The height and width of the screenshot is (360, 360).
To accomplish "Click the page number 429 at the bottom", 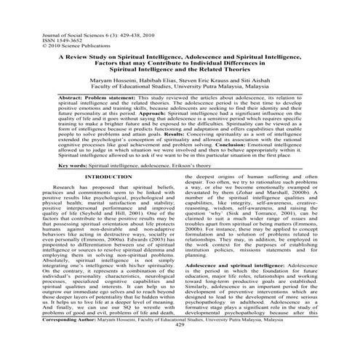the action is pyautogui.click(x=179, y=345).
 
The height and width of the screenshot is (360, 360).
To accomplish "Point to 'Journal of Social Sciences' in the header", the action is pyautogui.click(x=43, y=14).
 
